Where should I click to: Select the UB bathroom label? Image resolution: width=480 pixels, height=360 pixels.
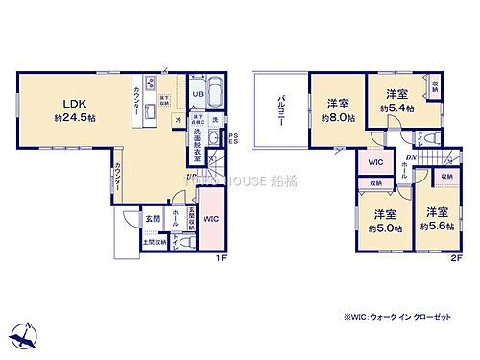point(196,94)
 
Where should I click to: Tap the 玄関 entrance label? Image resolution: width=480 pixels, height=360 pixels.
point(153,218)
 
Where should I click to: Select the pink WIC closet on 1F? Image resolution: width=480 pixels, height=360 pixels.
point(212,219)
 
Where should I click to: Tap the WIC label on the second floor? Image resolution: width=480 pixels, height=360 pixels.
point(376,162)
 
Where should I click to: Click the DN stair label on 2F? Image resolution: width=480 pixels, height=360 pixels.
point(410,157)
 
